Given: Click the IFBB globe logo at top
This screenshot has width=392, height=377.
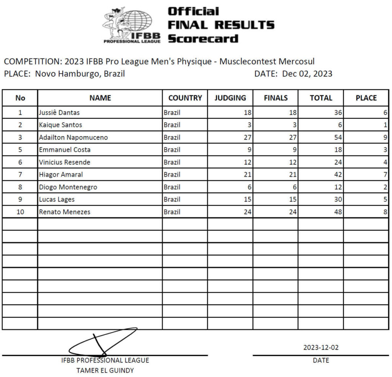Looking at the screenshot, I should click(x=132, y=25).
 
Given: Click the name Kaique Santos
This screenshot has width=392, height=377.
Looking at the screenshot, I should click(x=60, y=125).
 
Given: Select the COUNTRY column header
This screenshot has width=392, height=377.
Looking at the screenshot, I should click(x=185, y=98).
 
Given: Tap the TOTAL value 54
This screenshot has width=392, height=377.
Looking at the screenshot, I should click(x=337, y=137).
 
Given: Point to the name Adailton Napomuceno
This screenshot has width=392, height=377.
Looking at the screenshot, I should click(x=73, y=137).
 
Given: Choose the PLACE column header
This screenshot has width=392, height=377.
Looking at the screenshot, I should click(x=366, y=98).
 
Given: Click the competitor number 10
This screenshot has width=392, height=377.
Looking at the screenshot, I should click(x=20, y=212).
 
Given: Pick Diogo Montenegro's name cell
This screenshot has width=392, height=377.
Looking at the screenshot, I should click(x=68, y=187).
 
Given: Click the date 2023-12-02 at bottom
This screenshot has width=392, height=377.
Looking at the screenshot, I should click(x=321, y=348).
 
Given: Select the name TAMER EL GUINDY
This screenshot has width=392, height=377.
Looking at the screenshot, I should click(x=105, y=370).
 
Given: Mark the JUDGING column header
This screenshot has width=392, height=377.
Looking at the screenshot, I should click(x=230, y=98).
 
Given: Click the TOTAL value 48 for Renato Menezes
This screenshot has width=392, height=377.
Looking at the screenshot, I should click(x=337, y=212).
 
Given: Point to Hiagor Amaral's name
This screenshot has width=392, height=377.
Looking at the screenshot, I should click(x=61, y=175).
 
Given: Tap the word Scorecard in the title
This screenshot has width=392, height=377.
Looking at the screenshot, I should click(x=203, y=39).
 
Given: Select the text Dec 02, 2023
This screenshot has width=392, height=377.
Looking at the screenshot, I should click(x=307, y=74).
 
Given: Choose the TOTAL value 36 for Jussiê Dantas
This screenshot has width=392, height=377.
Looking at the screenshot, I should click(x=337, y=112).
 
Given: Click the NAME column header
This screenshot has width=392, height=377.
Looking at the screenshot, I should click(x=100, y=98).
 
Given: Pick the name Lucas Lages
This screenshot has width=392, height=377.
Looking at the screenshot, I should click(x=57, y=199).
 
